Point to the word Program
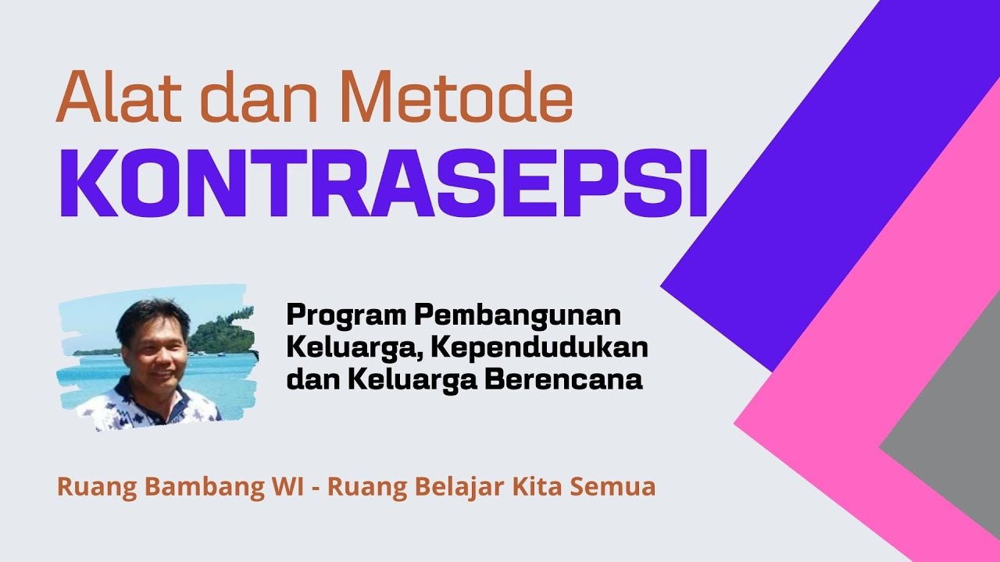pos(345,317)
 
